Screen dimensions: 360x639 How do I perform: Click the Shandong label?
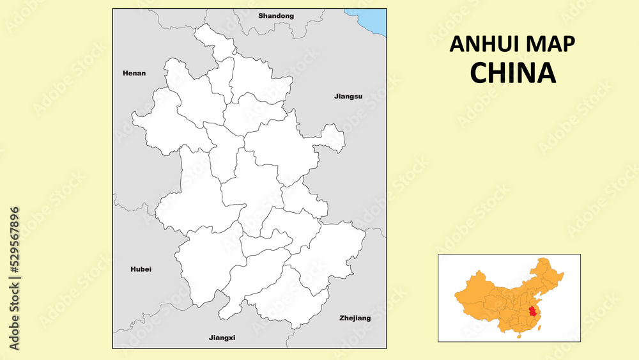[276, 15]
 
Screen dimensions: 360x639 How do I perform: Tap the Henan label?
[134, 74]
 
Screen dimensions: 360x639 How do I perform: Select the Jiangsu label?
[348, 97]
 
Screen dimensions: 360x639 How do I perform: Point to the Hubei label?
[141, 269]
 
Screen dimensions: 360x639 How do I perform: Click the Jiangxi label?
[222, 337]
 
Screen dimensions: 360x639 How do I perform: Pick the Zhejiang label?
[355, 318]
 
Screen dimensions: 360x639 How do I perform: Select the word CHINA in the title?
[512, 74]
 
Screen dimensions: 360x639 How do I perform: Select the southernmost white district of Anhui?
[281, 304]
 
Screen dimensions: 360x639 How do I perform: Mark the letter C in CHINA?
[479, 74]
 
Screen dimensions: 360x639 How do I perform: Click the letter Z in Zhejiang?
[342, 318]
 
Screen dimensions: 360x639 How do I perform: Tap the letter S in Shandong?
[261, 15]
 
